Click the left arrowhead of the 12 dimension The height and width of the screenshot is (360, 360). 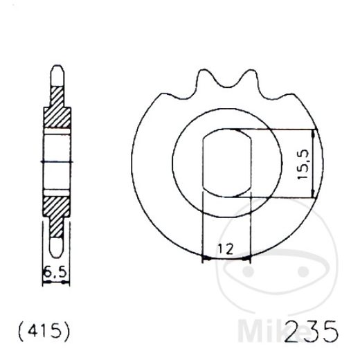[204, 260]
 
